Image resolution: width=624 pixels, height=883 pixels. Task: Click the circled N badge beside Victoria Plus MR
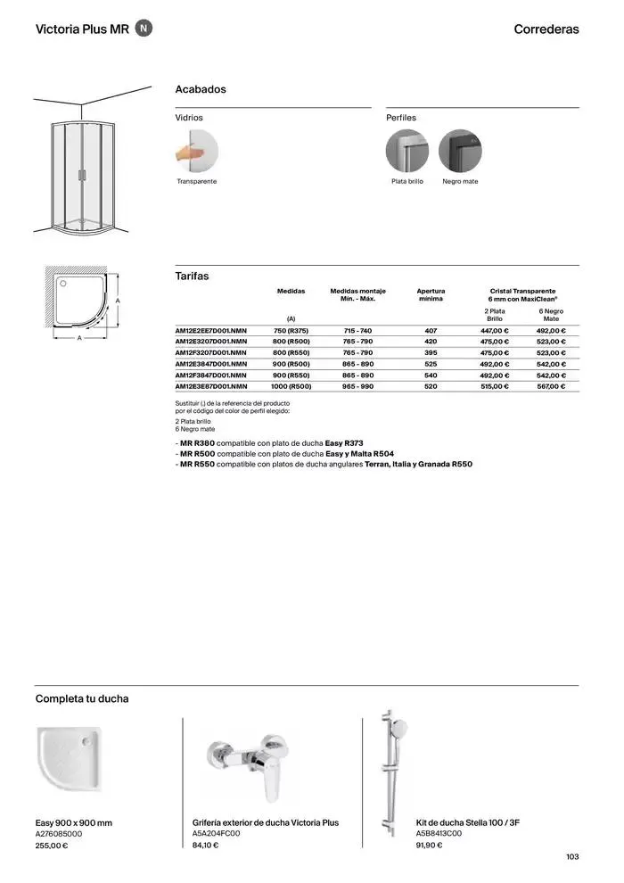(145, 29)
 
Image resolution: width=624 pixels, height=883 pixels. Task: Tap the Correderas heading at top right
(546, 29)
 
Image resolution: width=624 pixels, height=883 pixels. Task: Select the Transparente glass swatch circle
(197, 151)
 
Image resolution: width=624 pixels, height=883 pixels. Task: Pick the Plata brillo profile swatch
(407, 151)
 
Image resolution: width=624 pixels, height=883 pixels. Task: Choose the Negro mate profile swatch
(460, 151)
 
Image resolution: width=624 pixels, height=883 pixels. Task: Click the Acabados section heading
(201, 89)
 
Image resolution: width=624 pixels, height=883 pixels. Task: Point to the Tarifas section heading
(192, 276)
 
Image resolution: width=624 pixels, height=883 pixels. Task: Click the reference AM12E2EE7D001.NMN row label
(210, 331)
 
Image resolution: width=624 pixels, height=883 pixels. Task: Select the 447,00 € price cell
(494, 331)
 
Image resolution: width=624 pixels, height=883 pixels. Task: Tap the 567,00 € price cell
(551, 387)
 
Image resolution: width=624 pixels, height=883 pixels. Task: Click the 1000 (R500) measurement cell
(291, 387)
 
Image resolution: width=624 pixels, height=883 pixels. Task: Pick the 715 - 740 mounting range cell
(357, 331)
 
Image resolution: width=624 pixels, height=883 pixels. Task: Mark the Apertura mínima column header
(431, 295)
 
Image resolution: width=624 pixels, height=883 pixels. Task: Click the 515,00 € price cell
(494, 387)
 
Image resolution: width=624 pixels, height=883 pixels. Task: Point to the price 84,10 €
(205, 846)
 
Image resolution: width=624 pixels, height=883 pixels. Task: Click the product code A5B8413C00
(439, 834)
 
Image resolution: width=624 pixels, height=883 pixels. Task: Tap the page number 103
(572, 857)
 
